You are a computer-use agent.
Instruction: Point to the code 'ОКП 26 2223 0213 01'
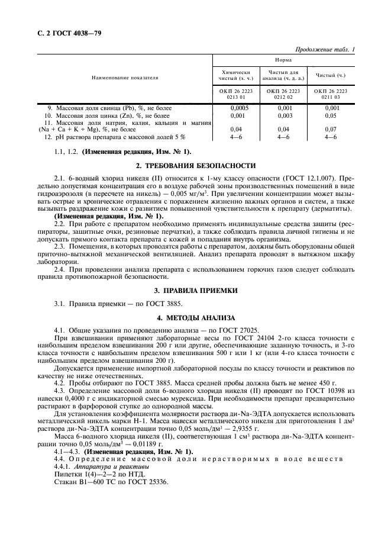point(236,94)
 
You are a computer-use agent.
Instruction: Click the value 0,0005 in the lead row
point(236,108)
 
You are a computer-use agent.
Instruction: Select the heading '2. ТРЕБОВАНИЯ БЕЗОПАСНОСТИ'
point(196,165)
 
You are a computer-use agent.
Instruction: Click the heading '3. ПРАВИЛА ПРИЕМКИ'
point(196,291)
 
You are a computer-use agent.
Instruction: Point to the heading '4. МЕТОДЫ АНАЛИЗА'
point(196,317)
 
